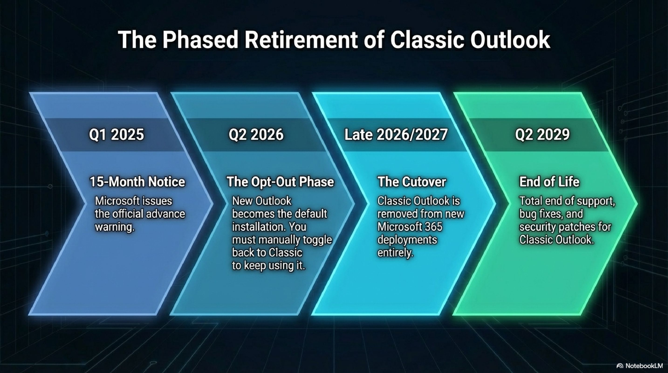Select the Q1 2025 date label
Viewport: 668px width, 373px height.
click(x=116, y=135)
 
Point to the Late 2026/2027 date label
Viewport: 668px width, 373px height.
click(x=396, y=135)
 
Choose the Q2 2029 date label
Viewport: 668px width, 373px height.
click(x=542, y=135)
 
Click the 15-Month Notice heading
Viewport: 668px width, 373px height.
click(x=137, y=182)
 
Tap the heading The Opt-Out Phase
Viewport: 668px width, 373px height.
click(x=280, y=182)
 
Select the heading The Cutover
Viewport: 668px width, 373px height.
click(x=412, y=182)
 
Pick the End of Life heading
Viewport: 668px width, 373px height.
click(x=549, y=182)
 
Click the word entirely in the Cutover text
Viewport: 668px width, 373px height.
click(x=395, y=253)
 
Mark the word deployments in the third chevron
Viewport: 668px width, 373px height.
click(x=407, y=240)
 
